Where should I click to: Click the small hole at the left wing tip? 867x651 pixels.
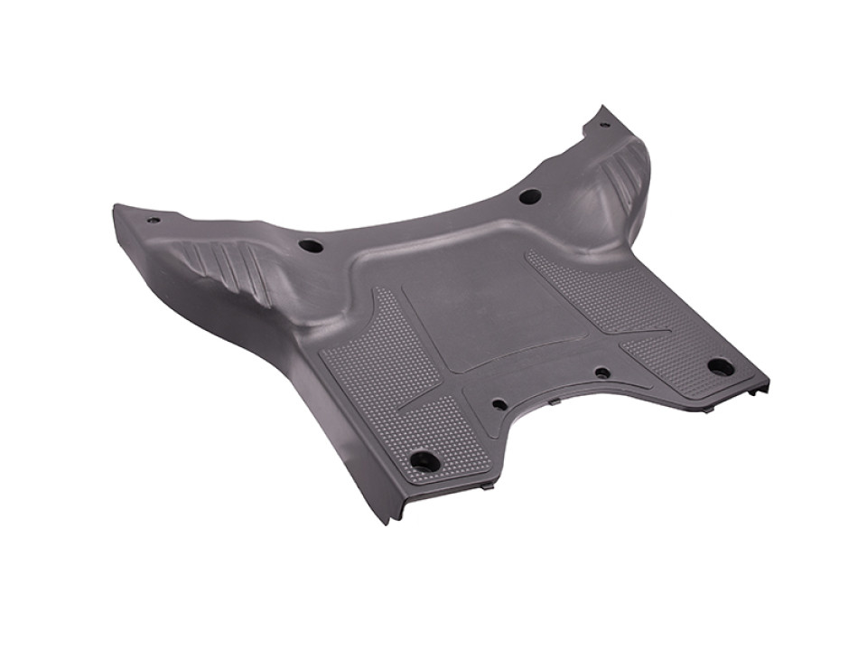click(x=154, y=220)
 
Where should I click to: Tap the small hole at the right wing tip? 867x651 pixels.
click(x=603, y=124)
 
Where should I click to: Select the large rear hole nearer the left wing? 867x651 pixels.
click(x=310, y=246)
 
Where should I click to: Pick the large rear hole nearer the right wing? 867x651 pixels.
click(x=529, y=195)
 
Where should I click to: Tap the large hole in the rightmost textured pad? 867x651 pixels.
click(x=720, y=367)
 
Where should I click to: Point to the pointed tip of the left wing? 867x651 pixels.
click(x=116, y=210)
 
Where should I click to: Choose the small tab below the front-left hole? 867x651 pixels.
click(x=488, y=486)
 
